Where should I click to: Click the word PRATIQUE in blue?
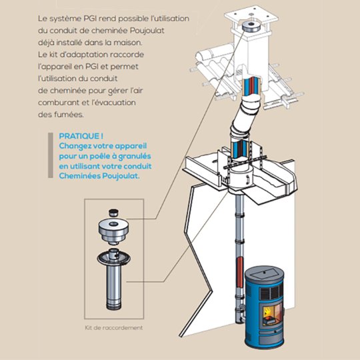pos(79,136)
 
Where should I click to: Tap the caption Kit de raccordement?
pos(114,327)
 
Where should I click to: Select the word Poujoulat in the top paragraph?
pos(147,31)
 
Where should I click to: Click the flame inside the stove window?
pos(267,312)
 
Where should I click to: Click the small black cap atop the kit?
pos(113,213)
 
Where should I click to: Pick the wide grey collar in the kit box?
pos(113,231)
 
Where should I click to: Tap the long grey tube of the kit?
pos(113,288)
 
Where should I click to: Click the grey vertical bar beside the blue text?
pos(51,155)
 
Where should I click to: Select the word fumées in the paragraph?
pos(71,115)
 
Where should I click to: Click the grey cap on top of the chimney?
pos(251,27)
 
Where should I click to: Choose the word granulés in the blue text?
pos(137,157)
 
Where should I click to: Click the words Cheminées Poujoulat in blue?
pos(99,176)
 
